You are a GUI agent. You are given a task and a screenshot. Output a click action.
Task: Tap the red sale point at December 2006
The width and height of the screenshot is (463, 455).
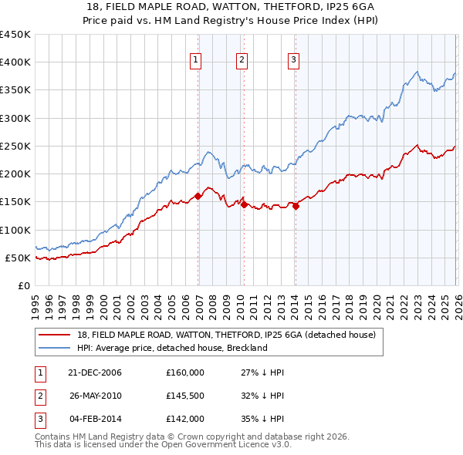(198, 196)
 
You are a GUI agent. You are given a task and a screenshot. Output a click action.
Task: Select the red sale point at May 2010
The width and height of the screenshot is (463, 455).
(245, 204)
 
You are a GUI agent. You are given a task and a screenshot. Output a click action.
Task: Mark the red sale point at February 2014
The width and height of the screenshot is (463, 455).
(296, 206)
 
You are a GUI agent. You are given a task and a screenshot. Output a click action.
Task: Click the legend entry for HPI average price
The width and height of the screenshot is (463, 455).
(172, 348)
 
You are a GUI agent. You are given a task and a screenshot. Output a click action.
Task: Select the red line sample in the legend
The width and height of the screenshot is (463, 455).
(54, 335)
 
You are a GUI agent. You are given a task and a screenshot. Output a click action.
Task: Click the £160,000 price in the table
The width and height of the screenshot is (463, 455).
(185, 372)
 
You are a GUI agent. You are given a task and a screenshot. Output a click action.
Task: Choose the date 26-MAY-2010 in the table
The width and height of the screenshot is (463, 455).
(95, 396)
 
